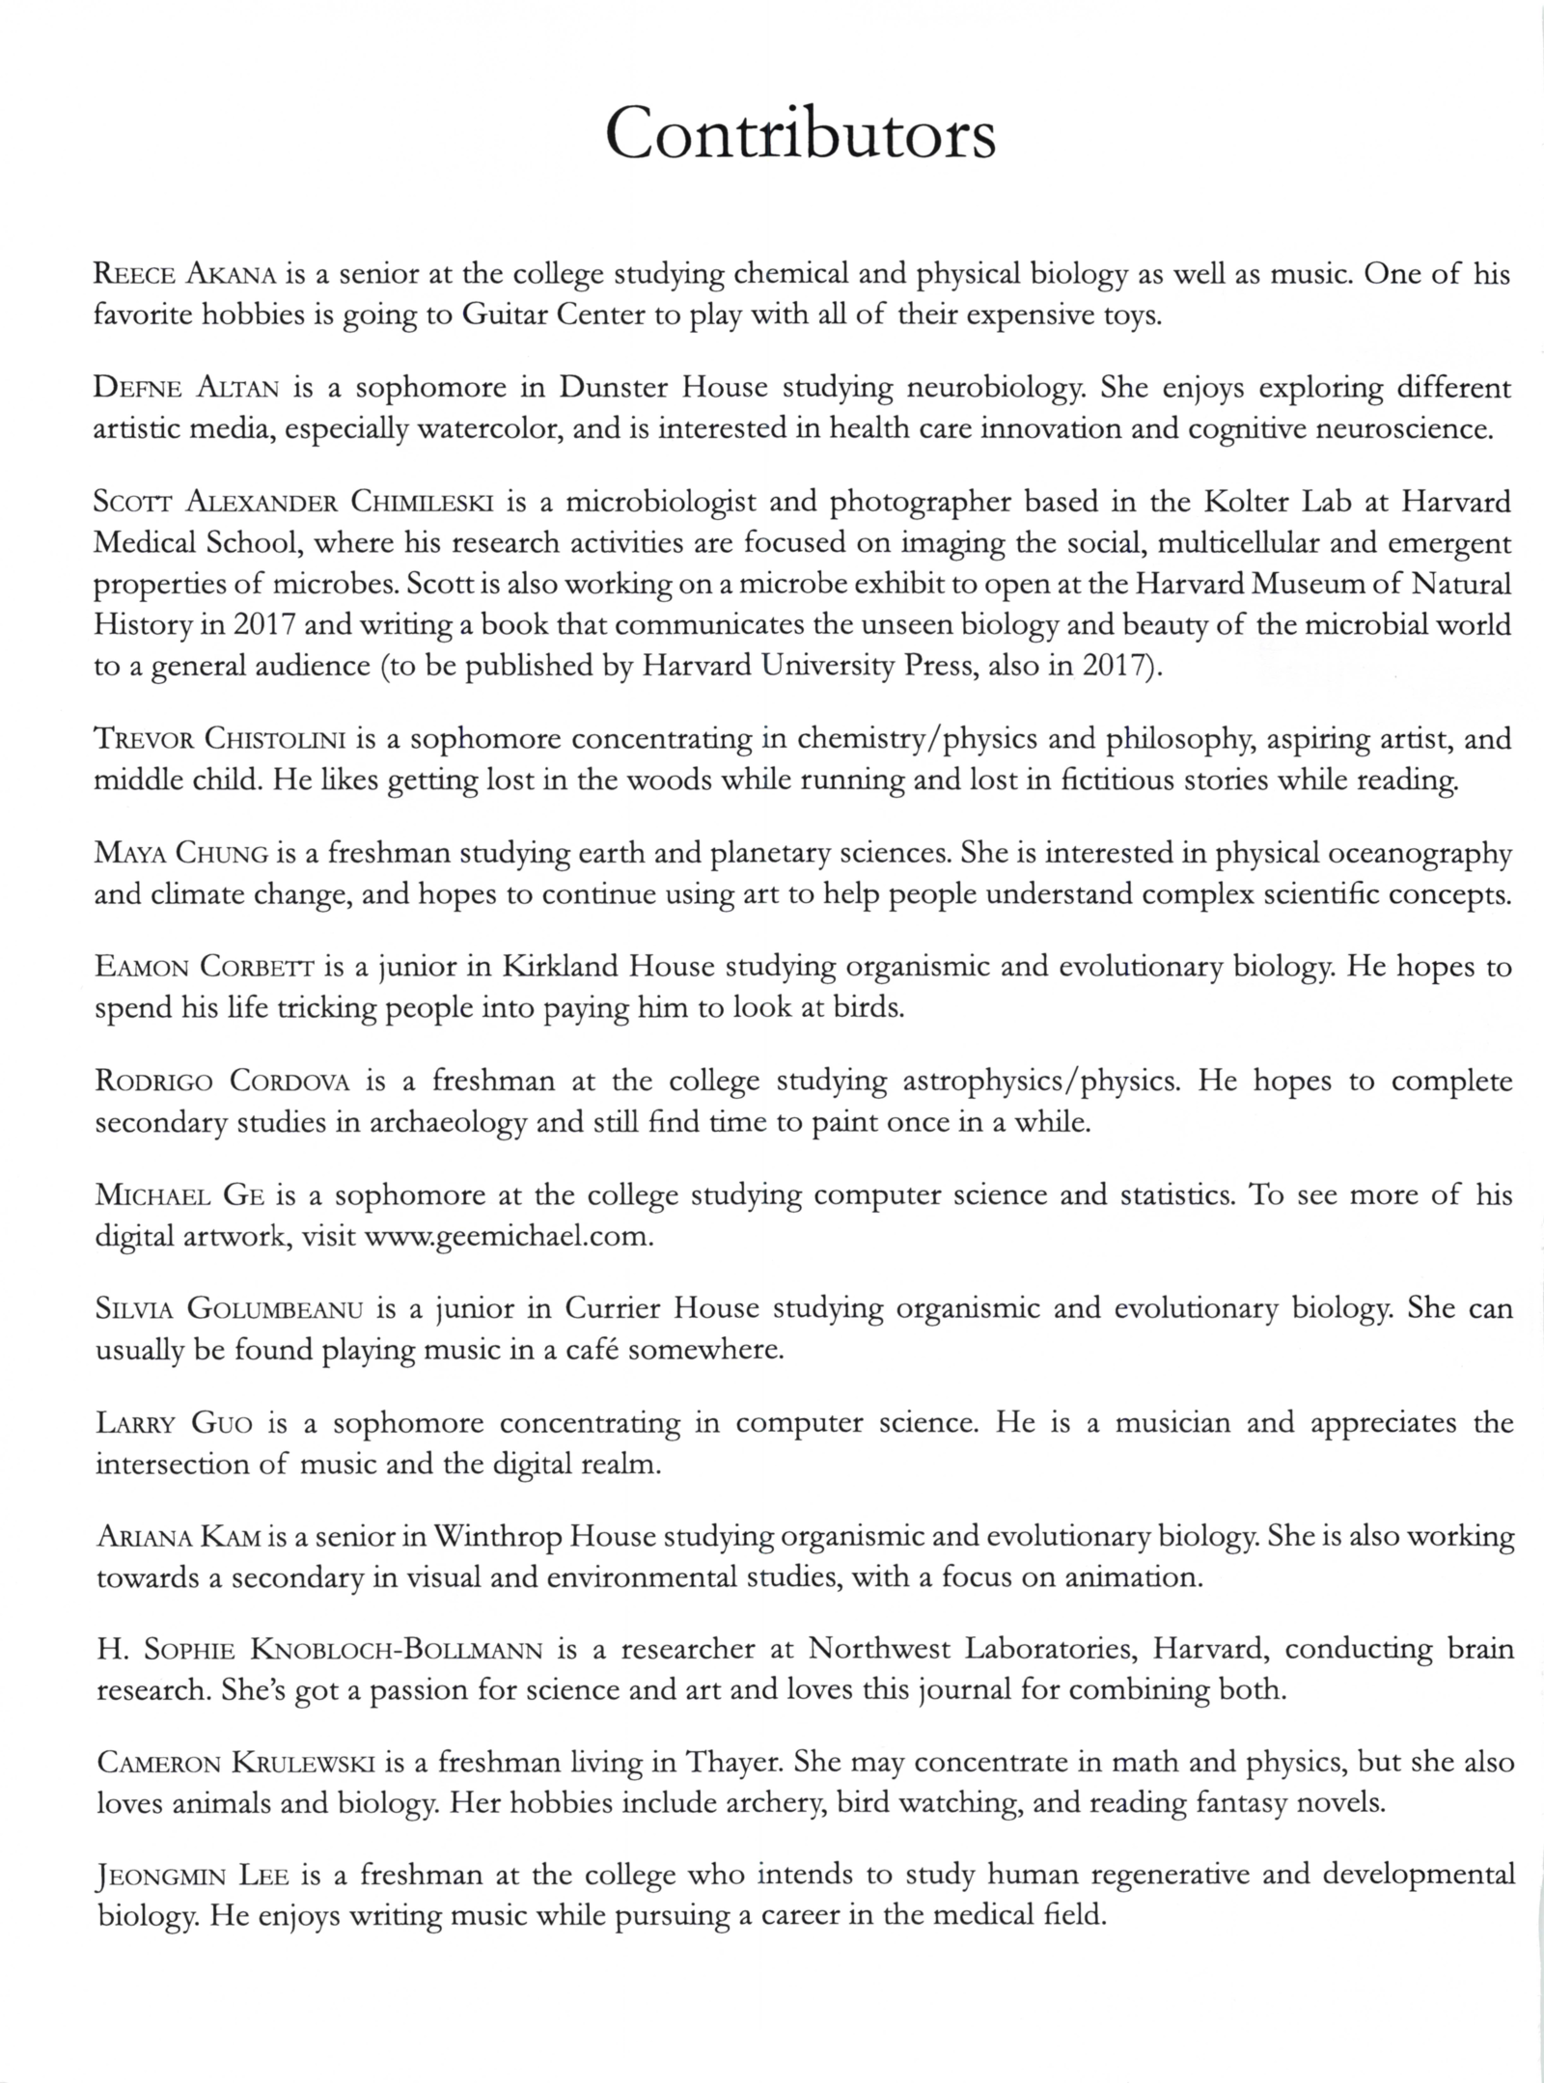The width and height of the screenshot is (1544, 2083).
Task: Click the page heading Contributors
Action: [800, 136]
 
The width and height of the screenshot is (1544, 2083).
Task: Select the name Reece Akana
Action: [186, 276]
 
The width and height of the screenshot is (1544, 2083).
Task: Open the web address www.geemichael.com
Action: [508, 1237]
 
